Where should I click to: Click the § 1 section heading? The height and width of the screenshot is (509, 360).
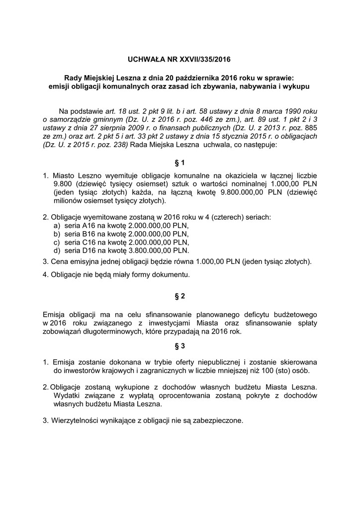180,163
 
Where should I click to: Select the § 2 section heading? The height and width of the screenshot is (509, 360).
180,296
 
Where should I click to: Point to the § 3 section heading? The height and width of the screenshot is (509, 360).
180,345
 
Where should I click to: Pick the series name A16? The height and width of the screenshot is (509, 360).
81,226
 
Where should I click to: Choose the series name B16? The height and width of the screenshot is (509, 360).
81,234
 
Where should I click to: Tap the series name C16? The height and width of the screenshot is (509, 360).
81,242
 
